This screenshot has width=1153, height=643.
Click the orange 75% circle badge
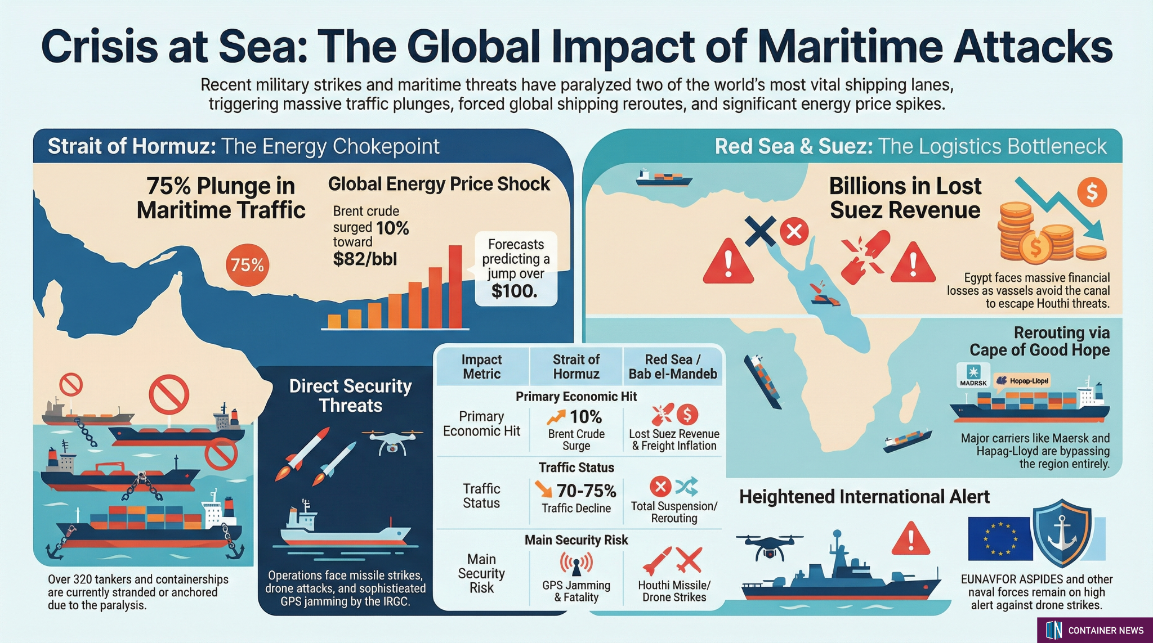pyautogui.click(x=247, y=265)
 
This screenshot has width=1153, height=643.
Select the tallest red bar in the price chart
pyautogui.click(x=455, y=286)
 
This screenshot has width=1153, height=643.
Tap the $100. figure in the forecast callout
pyautogui.click(x=514, y=291)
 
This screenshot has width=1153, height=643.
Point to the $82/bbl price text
pyautogui.click(x=365, y=259)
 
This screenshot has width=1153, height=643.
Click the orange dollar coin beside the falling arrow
pyautogui.click(x=1092, y=192)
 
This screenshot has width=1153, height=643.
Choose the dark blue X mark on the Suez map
pyautogui.click(x=760, y=231)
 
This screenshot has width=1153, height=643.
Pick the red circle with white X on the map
pyautogui.click(x=794, y=231)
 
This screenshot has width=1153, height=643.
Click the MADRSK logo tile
pyautogui.click(x=973, y=376)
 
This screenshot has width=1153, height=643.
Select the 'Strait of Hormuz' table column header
pyautogui.click(x=576, y=366)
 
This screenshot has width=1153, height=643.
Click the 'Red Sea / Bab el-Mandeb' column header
pyautogui.click(x=673, y=366)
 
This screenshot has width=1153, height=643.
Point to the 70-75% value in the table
pyautogui.click(x=586, y=491)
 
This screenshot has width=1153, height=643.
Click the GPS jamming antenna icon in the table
pyautogui.click(x=576, y=563)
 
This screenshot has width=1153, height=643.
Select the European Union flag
pyautogui.click(x=999, y=538)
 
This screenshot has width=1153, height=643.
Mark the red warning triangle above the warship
pyautogui.click(x=910, y=538)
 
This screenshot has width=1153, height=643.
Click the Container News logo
pyautogui.click(x=1094, y=630)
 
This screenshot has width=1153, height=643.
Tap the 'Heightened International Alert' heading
pyautogui.click(x=864, y=497)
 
